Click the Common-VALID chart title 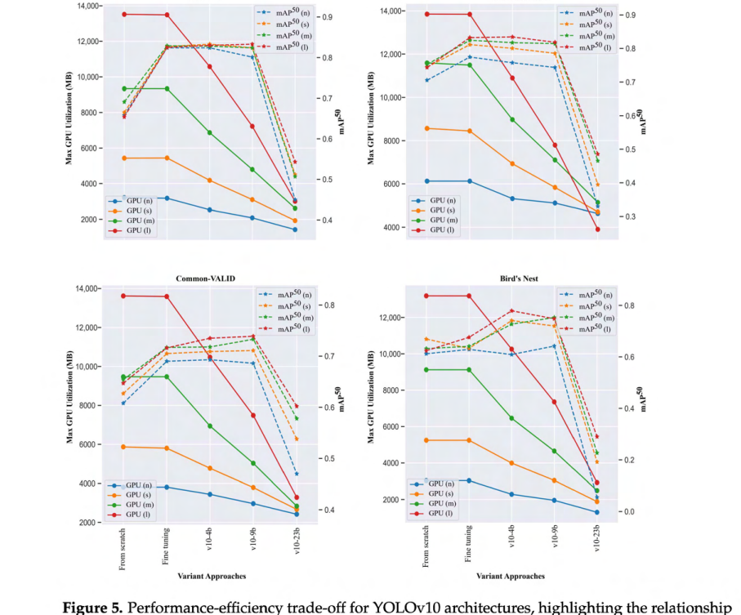[x=205, y=279]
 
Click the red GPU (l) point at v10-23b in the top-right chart [x=597, y=230]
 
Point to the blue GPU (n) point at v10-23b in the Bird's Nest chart [x=597, y=512]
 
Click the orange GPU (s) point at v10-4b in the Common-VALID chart [x=210, y=468]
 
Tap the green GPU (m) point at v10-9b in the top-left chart [x=252, y=169]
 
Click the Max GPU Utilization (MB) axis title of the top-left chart [x=69, y=118]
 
